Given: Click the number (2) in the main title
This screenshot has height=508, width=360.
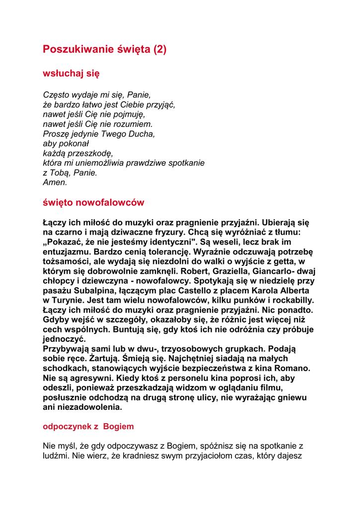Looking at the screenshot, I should pyautogui.click(x=159, y=49).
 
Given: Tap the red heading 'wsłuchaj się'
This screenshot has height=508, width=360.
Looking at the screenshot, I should pyautogui.click(x=71, y=73).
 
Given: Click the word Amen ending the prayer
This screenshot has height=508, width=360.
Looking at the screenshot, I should pyautogui.click(x=54, y=182).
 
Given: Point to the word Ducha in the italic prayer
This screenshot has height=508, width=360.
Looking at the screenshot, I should pyautogui.click(x=142, y=133).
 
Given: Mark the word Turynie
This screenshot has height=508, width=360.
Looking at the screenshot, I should pyautogui.click(x=70, y=300).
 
